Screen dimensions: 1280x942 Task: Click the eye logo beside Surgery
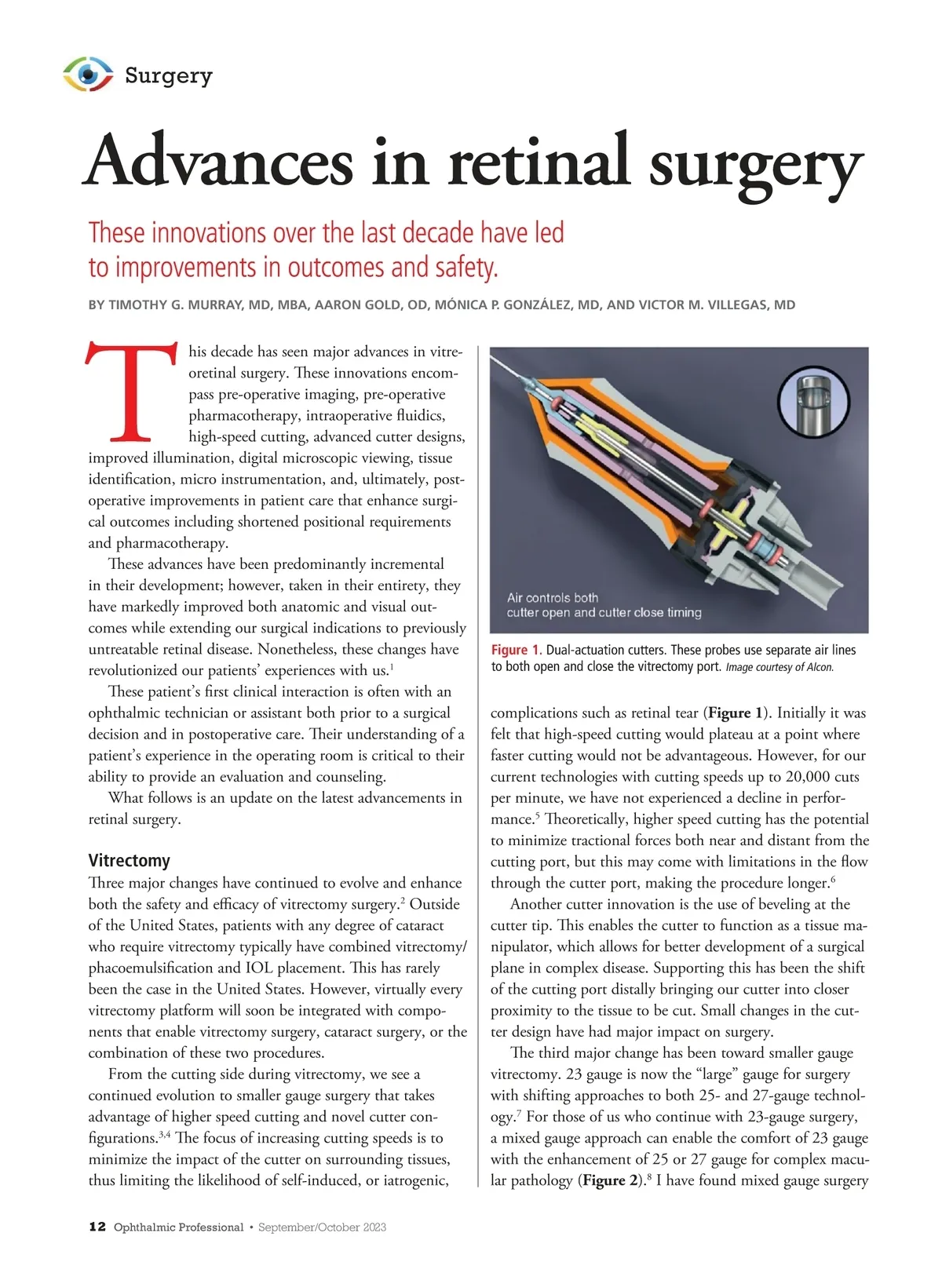tap(88, 75)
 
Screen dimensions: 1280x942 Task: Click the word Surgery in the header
tap(169, 75)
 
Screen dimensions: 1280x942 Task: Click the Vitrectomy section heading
tap(129, 860)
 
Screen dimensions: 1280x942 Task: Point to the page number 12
tap(97, 1227)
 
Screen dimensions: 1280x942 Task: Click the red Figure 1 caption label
tap(516, 650)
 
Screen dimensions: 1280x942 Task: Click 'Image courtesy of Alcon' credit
tap(780, 668)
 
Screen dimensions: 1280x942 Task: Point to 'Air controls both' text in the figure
tap(553, 598)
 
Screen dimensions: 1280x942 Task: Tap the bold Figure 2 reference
tap(610, 1180)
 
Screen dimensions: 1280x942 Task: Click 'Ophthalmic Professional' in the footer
tap(178, 1227)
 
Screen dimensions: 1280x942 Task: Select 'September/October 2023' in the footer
tap(322, 1227)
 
